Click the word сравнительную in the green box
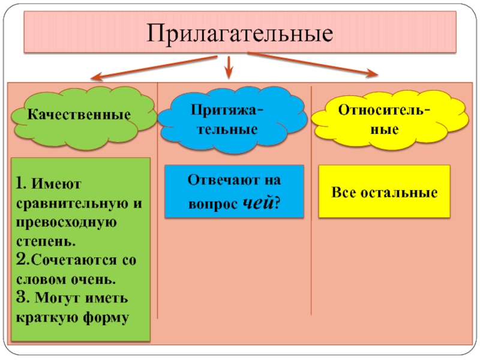[x=68, y=203]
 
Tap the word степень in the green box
[x=43, y=242]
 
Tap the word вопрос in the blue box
[x=212, y=203]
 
